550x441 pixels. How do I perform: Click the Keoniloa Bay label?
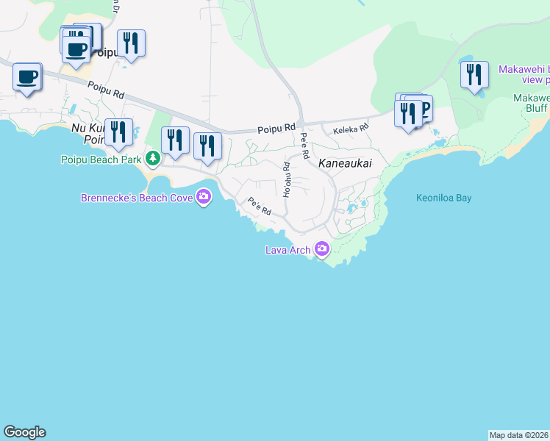tap(443, 198)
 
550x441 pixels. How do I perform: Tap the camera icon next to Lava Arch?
tap(321, 250)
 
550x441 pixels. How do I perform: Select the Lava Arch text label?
tap(287, 251)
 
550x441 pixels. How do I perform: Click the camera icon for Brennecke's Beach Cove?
tap(204, 196)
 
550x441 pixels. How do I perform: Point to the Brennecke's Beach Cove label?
tap(137, 197)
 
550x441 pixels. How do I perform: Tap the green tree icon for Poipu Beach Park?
tap(152, 158)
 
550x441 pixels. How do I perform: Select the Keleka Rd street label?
tap(349, 130)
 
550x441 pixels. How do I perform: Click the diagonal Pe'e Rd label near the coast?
tap(260, 207)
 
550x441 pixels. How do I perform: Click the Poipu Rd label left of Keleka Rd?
tap(276, 129)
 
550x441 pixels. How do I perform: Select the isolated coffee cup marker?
tap(27, 77)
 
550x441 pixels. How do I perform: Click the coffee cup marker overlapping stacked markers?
tap(76, 51)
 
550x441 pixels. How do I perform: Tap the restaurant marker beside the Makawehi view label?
tap(474, 75)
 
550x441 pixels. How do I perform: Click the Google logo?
tap(24, 432)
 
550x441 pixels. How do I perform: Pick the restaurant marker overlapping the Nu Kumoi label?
tap(118, 133)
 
